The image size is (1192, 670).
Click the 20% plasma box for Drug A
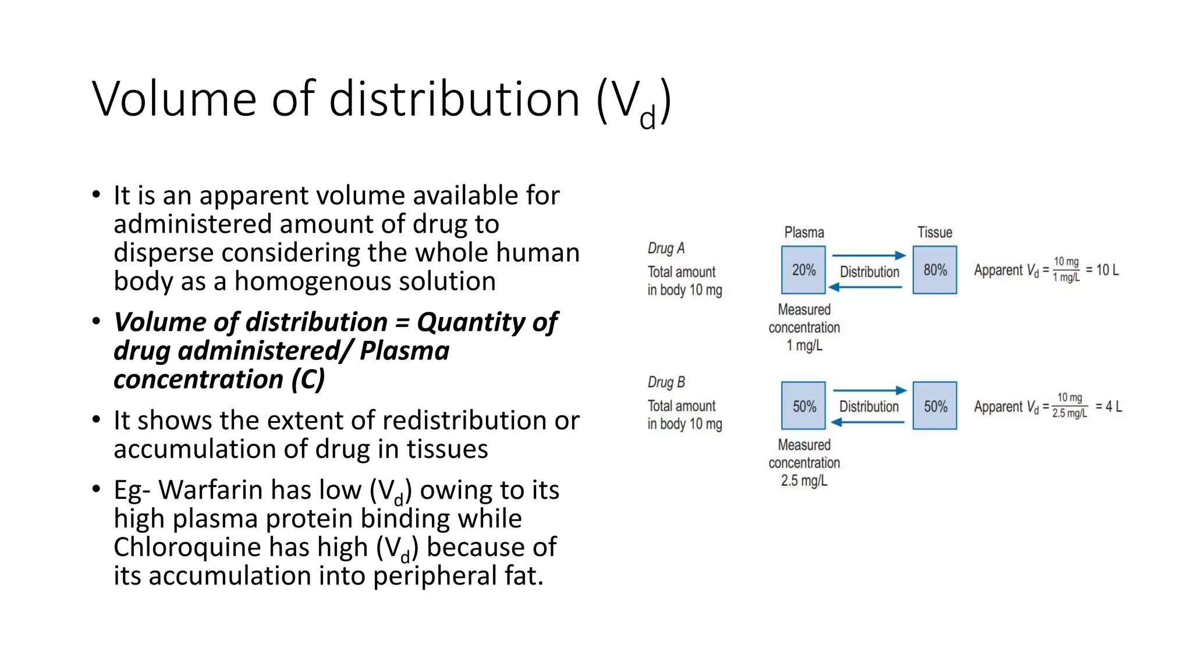pos(803,270)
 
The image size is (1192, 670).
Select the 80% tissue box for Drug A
pos(935,270)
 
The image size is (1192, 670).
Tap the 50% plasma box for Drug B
pos(803,406)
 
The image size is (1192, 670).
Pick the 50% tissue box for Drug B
pos(935,406)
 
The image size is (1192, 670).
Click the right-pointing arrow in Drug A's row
pos(869,255)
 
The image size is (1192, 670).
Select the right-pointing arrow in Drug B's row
pos(870,390)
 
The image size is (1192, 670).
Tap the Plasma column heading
pos(804,233)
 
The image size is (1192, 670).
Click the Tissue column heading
pos(935,233)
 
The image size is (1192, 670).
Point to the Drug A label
pos(666,248)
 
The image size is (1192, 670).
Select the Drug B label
pos(666,382)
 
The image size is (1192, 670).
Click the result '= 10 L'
pos(1102,270)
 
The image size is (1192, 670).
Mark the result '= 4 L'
pos(1109,406)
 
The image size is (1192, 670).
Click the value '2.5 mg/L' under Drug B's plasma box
pos(804,481)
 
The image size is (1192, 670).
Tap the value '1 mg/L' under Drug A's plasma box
pos(804,345)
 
